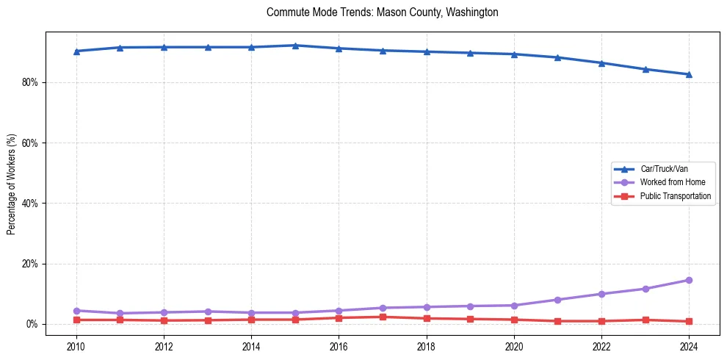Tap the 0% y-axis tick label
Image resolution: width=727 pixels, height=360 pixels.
32,324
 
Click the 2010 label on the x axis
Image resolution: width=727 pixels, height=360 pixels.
76,346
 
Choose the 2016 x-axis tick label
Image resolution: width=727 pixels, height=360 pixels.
339,346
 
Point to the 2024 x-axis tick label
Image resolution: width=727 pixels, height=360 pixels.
689,346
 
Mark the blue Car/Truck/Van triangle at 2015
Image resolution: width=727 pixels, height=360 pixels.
295,46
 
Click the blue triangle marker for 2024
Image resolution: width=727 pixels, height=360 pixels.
689,74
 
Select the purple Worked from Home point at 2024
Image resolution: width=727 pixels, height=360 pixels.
689,280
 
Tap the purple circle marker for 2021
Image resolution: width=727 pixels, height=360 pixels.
557,300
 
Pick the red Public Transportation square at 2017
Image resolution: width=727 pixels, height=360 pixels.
383,317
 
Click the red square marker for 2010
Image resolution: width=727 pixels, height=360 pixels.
76,320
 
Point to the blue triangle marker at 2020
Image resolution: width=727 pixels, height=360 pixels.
514,54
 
